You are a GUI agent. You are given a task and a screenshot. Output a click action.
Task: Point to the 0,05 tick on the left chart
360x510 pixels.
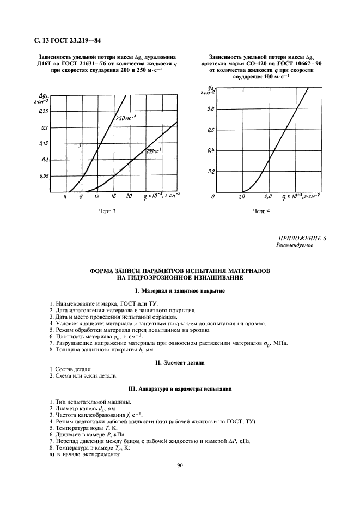pos(41,176)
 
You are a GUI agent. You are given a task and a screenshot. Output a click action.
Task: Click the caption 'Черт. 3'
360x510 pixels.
pos(107,210)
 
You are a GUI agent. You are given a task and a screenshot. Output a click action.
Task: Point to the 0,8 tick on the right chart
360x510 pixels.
pos(211,110)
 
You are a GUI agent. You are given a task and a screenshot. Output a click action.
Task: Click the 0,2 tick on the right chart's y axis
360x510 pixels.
pos(211,171)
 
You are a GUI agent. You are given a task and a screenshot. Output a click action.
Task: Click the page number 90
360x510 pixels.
pos(180,465)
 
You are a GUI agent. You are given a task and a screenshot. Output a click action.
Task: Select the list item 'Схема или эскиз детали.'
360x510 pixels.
pos(82,376)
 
